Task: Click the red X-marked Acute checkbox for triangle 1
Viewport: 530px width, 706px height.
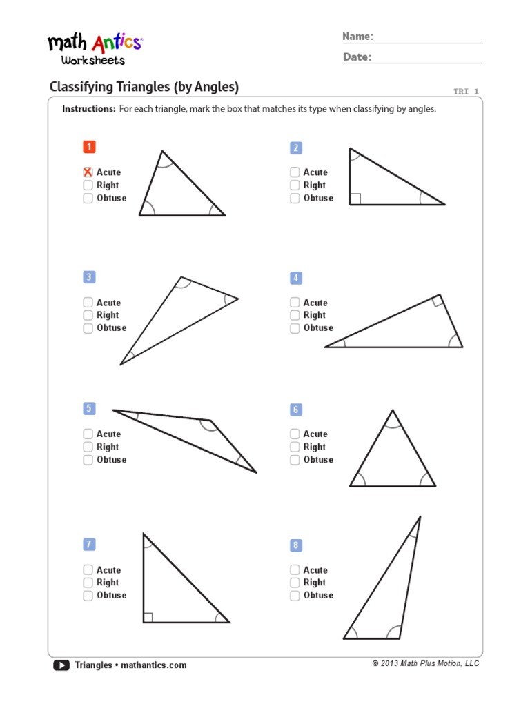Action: click(x=88, y=172)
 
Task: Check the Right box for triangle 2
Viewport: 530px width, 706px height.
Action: click(x=295, y=185)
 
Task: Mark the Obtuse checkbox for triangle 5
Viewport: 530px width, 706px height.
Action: click(x=88, y=460)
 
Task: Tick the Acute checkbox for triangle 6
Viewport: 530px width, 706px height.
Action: click(x=295, y=434)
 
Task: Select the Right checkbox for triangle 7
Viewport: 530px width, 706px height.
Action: click(x=88, y=583)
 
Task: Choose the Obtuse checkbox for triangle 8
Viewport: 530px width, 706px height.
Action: click(x=295, y=595)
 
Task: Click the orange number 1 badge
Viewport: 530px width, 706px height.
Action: click(x=89, y=147)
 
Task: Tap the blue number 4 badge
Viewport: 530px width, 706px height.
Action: click(x=296, y=278)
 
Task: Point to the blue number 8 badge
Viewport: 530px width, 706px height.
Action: click(x=296, y=545)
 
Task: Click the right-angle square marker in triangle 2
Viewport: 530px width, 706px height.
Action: click(x=355, y=199)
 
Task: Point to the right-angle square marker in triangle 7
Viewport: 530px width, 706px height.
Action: click(x=148, y=617)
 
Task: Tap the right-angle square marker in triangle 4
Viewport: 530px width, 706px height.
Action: click(x=437, y=301)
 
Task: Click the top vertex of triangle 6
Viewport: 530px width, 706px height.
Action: click(x=393, y=411)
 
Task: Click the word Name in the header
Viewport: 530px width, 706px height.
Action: click(x=357, y=36)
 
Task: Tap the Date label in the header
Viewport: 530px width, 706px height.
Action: click(x=357, y=57)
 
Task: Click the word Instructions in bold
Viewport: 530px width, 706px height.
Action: click(x=88, y=109)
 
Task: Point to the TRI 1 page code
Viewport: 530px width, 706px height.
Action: click(x=466, y=92)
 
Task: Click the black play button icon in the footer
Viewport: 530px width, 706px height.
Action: click(x=61, y=665)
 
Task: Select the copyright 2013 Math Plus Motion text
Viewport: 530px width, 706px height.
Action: click(x=425, y=663)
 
